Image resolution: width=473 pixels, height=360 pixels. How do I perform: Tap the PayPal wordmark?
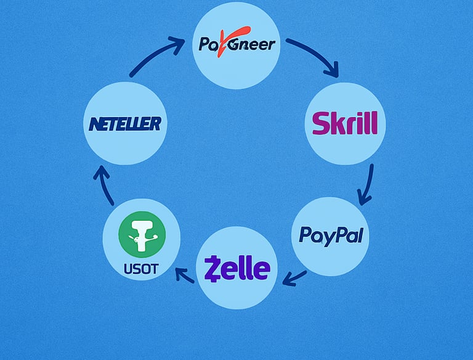[x=330, y=234]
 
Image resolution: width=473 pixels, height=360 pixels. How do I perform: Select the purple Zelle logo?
[x=237, y=269]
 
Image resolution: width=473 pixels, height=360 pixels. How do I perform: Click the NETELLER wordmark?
[x=124, y=125]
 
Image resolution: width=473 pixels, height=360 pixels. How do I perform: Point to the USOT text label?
[x=141, y=269]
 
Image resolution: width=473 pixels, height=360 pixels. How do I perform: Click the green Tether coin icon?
[x=142, y=234]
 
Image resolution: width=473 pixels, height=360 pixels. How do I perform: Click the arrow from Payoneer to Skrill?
[x=314, y=57]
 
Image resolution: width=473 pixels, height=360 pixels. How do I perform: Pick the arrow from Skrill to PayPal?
[x=367, y=184]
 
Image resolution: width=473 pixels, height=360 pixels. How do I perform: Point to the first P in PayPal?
[x=304, y=235]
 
